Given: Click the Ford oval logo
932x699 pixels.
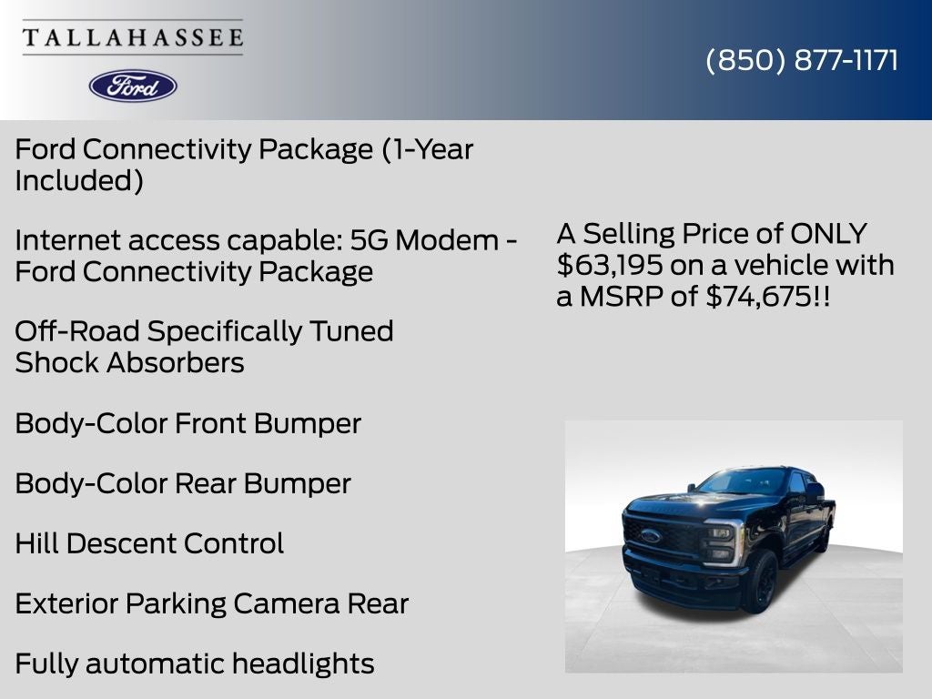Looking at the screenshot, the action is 133,86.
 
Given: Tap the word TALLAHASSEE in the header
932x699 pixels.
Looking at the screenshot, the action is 133,37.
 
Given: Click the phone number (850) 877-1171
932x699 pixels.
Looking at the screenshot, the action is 802,60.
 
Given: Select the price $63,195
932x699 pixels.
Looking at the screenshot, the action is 609,265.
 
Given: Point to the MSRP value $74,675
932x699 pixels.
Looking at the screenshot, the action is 758,296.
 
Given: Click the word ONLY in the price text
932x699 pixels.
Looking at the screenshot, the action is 828,234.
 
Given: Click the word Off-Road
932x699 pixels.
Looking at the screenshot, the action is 77,331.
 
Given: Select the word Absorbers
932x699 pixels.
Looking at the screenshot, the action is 176,362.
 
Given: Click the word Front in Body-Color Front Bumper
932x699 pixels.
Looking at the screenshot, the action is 210,424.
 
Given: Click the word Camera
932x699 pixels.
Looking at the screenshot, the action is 287,604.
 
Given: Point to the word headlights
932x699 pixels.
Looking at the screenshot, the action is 303,664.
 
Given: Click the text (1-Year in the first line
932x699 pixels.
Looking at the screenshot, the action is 428,149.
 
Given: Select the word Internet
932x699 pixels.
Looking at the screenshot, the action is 67,240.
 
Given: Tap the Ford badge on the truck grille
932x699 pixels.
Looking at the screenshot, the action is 651,535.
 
